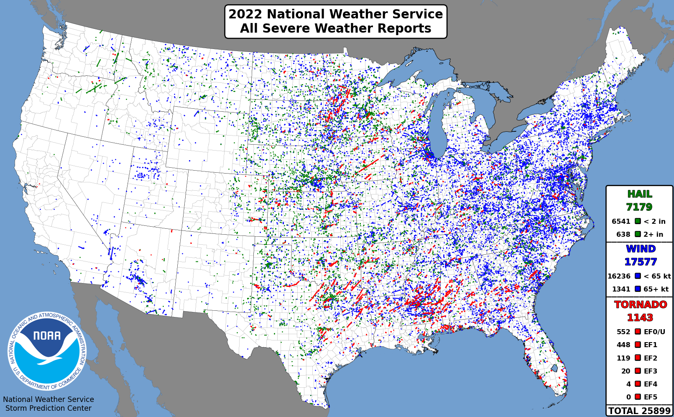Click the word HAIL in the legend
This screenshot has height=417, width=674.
click(639, 194)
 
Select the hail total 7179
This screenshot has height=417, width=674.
click(639, 207)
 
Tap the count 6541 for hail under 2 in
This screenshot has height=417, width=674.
click(620, 222)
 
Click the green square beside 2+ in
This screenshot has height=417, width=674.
click(638, 234)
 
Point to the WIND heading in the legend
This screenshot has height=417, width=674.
click(641, 249)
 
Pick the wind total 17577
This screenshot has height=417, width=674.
click(640, 262)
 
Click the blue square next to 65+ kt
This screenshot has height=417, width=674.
click(638, 289)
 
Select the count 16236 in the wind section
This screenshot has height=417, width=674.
click(619, 276)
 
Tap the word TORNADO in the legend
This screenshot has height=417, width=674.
click(640, 304)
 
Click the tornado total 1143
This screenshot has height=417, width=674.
click(640, 317)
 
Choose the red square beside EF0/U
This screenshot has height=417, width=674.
click(638, 332)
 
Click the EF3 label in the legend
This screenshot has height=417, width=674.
click(650, 371)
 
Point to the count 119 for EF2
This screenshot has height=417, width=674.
click(623, 358)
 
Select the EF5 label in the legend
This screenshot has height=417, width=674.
click(650, 397)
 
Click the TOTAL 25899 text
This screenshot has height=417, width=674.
click(639, 411)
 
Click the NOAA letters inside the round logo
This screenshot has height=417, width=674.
click(47, 336)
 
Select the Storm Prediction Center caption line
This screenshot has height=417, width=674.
click(49, 408)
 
